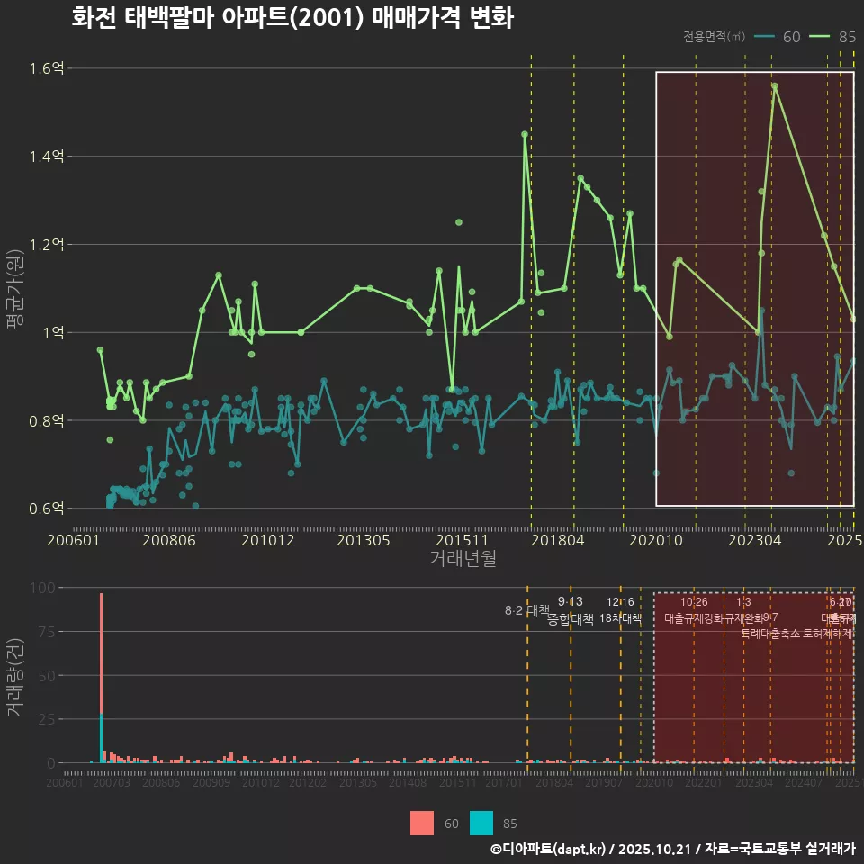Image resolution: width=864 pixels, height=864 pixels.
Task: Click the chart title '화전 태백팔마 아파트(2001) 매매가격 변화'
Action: coord(292,19)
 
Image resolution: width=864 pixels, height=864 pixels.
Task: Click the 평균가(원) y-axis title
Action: coord(15,288)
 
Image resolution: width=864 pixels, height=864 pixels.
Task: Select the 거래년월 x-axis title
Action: coord(463,559)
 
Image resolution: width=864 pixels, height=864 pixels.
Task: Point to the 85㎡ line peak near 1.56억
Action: coord(774,85)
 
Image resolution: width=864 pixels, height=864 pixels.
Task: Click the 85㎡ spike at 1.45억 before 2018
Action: coord(525,134)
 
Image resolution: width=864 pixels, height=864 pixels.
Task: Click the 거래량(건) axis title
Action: coord(15,677)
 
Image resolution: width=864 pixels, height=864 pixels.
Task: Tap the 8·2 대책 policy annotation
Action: coord(526,610)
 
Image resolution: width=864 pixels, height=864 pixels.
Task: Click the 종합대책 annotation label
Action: coord(571,619)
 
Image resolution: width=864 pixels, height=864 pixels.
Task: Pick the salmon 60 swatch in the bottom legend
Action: coord(421,823)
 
